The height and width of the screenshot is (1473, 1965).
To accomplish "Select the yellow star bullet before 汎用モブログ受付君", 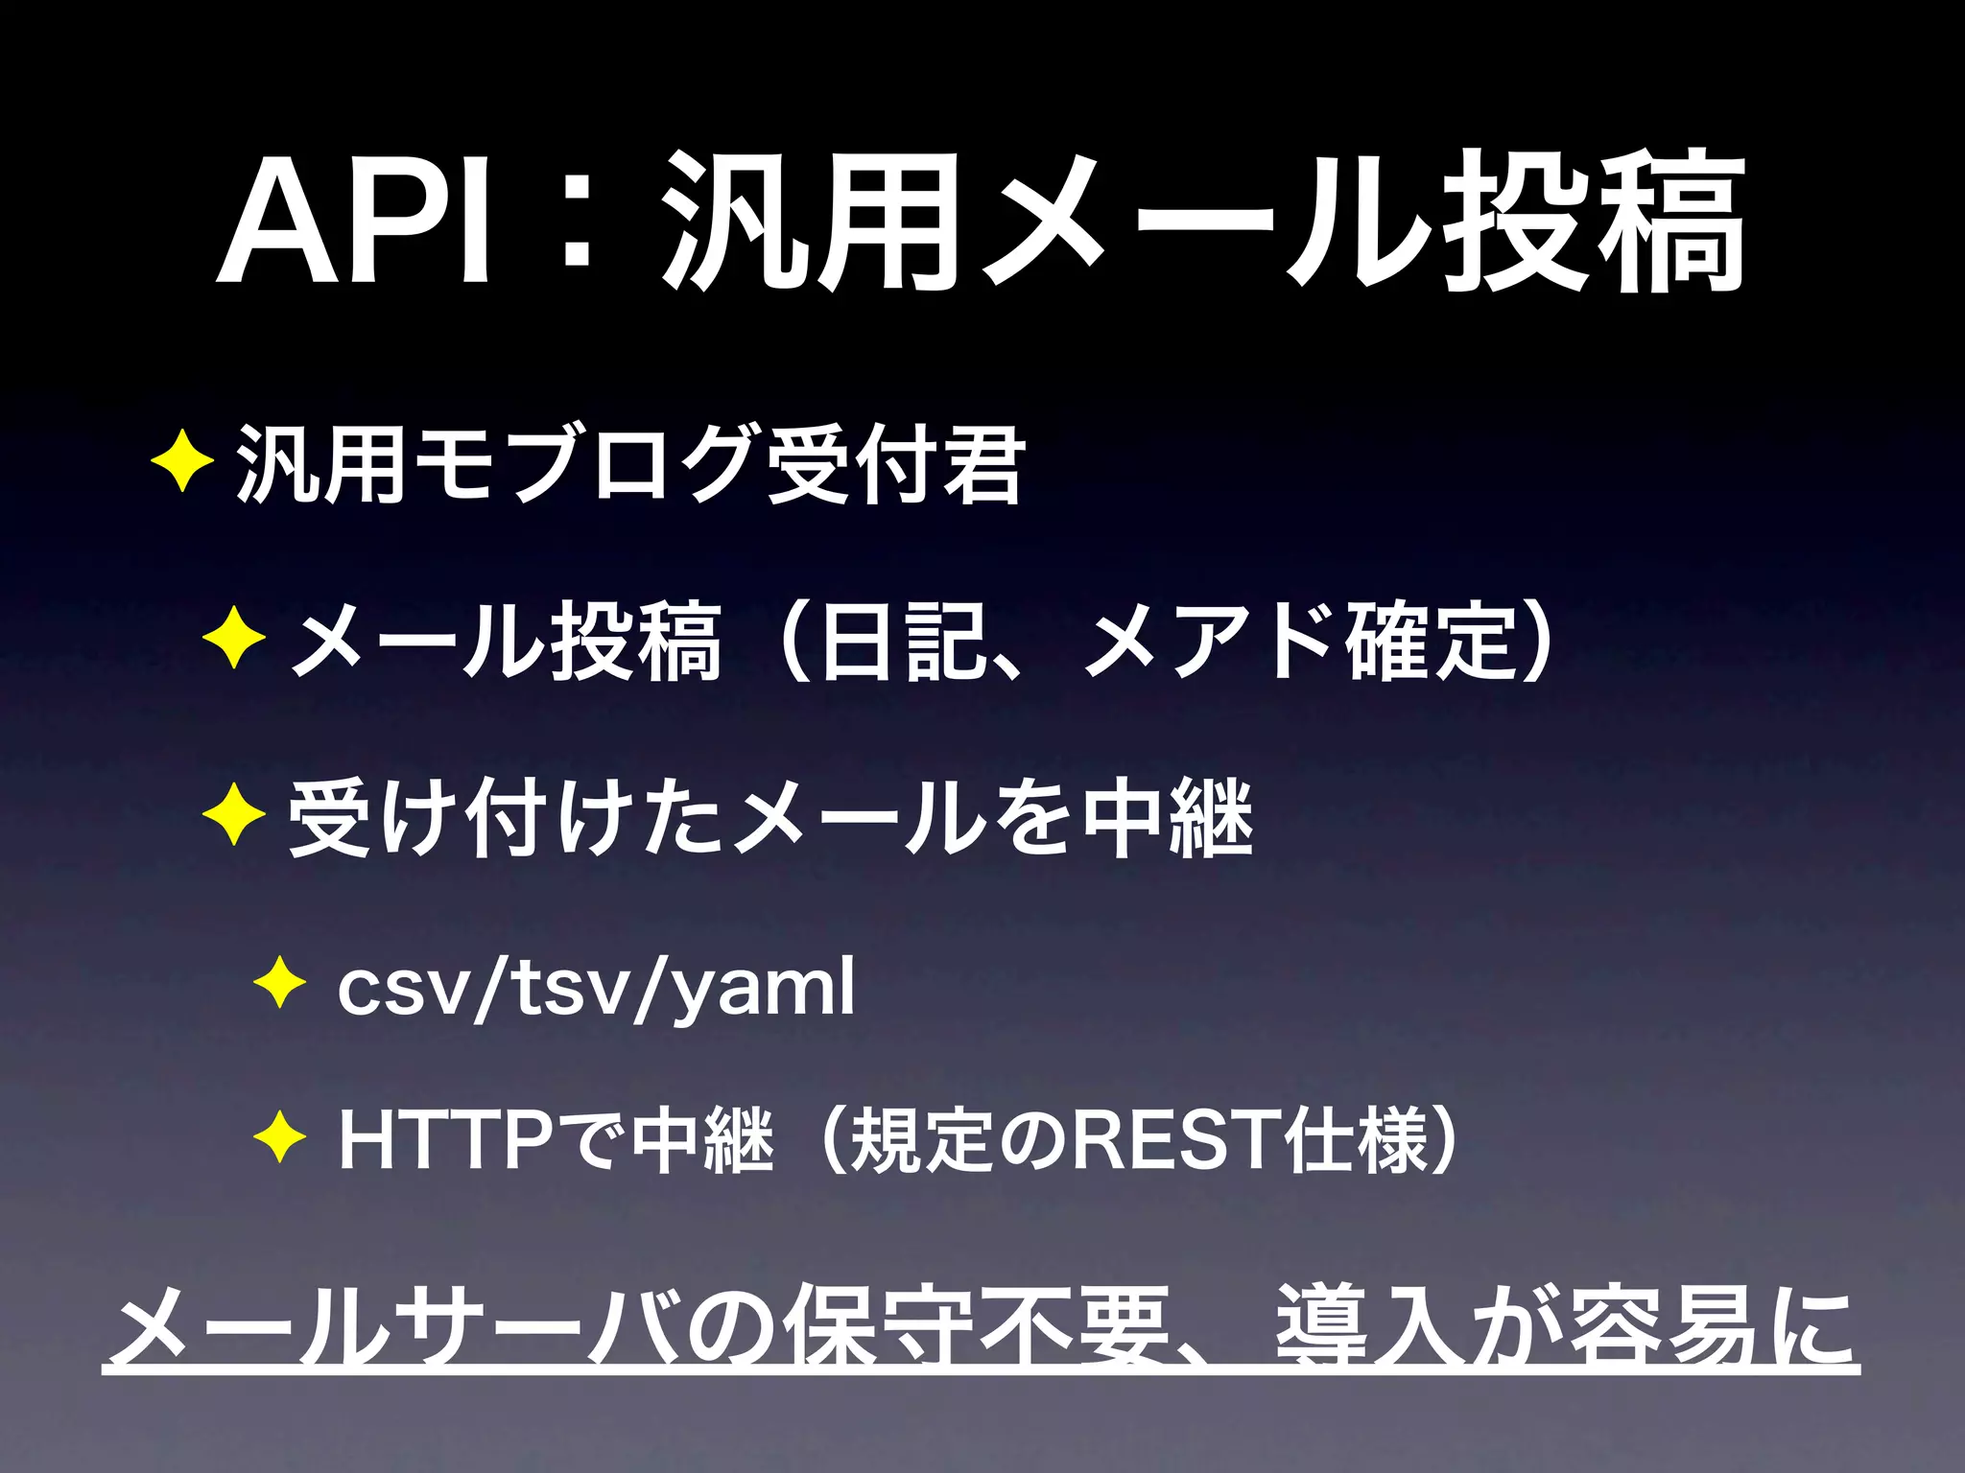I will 182,460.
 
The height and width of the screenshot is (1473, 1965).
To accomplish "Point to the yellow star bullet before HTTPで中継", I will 279,1139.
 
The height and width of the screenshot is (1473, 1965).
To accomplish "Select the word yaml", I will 763,988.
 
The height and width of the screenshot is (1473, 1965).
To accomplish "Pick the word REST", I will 1175,1139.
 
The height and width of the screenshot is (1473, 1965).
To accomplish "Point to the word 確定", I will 1430,641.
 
